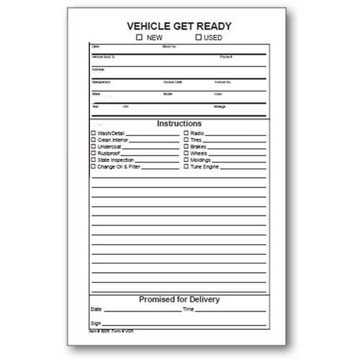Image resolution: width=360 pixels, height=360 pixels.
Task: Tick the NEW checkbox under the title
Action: click(139, 36)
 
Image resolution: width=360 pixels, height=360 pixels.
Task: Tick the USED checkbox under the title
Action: click(198, 36)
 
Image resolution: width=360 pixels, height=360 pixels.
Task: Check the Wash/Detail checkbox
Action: click(94, 134)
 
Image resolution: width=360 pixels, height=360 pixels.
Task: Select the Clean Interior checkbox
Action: click(94, 140)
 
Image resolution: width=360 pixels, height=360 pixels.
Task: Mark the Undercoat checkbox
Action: click(94, 147)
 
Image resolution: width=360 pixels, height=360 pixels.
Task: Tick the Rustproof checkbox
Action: click(94, 153)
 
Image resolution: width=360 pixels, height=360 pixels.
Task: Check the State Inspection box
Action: click(94, 160)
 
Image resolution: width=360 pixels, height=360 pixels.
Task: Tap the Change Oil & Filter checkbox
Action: click(94, 166)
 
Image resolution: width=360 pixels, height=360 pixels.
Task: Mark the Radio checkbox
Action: click(186, 134)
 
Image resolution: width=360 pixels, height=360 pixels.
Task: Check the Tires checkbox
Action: click(186, 140)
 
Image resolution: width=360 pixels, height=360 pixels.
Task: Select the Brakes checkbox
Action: click(186, 147)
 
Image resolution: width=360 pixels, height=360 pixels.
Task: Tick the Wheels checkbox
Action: click(186, 153)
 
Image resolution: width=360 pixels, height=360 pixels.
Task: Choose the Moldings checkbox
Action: click(186, 160)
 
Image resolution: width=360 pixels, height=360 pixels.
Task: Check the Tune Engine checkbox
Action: click(186, 166)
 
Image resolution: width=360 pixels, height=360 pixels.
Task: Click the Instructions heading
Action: click(179, 124)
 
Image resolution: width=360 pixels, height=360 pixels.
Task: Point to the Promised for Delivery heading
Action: click(179, 299)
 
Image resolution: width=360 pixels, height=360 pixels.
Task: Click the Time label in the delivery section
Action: click(189, 310)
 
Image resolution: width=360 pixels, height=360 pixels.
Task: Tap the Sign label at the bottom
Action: click(96, 324)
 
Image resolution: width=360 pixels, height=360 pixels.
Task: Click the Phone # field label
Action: click(225, 56)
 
